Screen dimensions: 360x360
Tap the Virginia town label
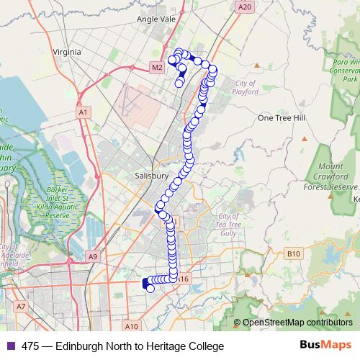(68, 52)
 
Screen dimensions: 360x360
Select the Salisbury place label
(151, 176)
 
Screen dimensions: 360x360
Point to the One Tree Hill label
(283, 117)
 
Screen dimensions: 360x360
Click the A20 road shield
(246, 6)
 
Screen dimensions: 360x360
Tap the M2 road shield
(157, 68)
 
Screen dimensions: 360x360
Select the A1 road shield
(84, 112)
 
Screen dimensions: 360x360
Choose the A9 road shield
(92, 256)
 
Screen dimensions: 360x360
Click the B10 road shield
(292, 253)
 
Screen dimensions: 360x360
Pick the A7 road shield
(21, 306)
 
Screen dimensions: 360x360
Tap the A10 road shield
(131, 325)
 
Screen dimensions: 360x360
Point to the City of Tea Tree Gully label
(228, 225)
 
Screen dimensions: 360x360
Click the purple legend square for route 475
(11, 346)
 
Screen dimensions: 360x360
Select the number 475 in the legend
(30, 346)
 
